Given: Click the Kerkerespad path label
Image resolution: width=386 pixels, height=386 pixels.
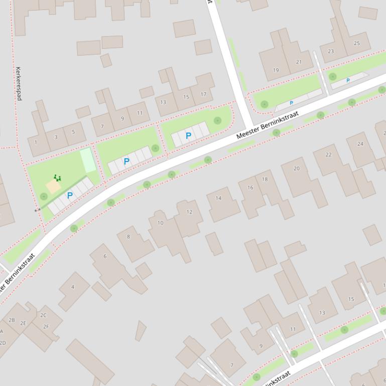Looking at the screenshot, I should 19,84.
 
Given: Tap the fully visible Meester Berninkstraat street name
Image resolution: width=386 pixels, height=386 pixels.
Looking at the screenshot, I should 267,125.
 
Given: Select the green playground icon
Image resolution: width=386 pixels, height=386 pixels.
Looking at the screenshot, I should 57,177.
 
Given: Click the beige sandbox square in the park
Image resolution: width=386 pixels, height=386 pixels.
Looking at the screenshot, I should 53,187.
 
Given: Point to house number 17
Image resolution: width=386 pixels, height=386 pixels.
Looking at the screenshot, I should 203,94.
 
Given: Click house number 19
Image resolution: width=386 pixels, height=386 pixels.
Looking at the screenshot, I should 276,70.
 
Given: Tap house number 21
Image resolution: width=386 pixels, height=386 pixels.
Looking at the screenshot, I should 299,62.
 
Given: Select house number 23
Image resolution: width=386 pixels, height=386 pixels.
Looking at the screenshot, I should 331,51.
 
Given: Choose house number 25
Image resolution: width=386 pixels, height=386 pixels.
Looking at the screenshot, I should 357,44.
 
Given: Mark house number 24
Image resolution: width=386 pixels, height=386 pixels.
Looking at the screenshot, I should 360,144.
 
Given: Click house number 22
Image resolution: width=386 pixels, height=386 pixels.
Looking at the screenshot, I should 328,155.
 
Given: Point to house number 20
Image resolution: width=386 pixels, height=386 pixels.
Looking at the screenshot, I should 296,168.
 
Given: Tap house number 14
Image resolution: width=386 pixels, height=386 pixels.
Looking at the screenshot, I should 218,198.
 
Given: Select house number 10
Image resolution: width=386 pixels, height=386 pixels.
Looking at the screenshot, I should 160,223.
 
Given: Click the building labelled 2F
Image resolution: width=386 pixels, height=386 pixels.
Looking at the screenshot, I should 46,326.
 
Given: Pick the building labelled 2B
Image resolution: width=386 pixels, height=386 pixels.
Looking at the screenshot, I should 12,320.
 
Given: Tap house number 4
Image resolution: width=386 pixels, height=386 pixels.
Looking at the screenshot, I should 73,287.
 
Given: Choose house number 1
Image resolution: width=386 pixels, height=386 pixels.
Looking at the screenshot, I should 36,142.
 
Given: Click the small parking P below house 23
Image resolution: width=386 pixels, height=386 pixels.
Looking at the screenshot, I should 348,81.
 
